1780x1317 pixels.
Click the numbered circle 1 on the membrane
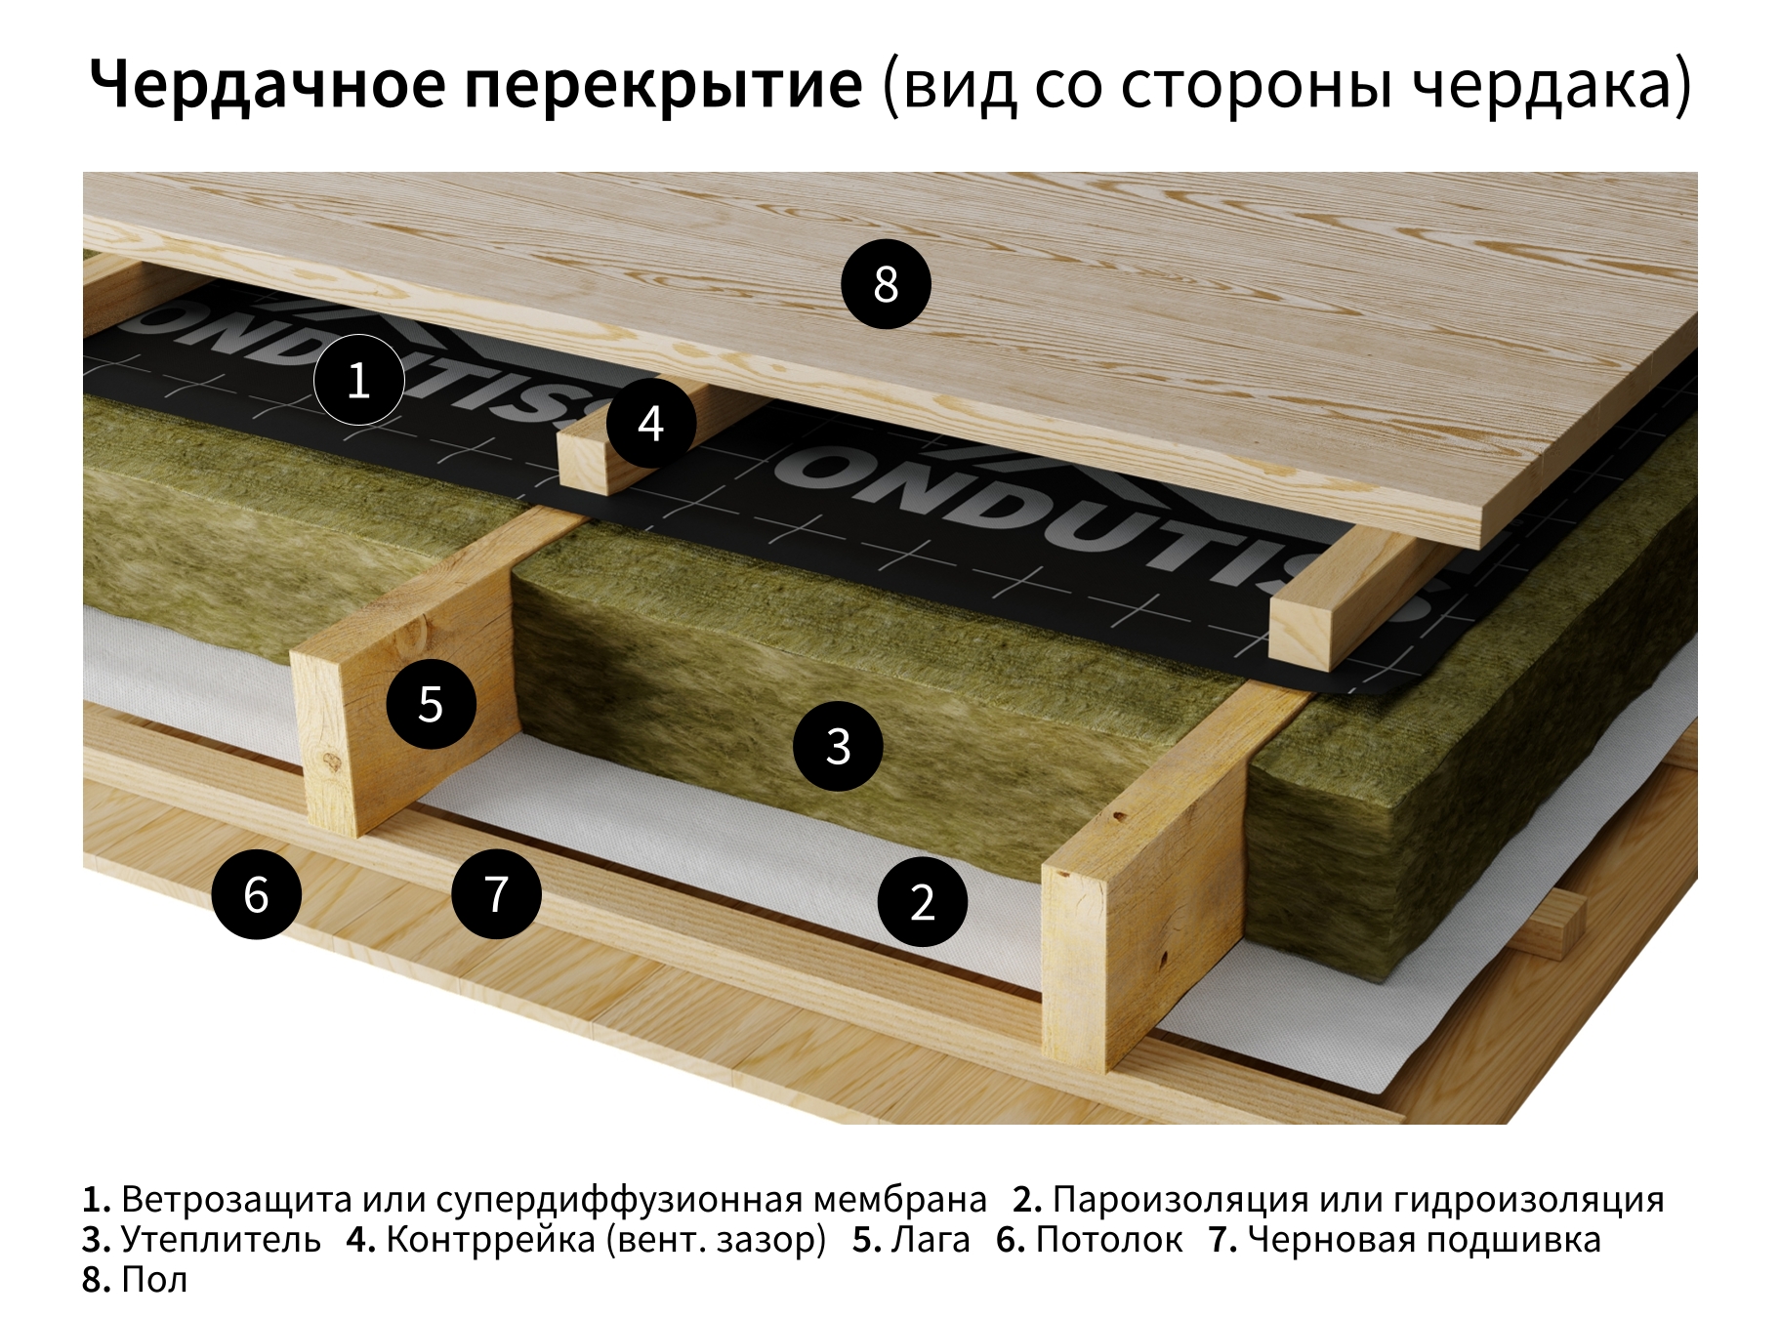click(358, 380)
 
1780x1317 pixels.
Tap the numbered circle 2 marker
click(922, 901)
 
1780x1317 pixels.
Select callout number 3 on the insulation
click(838, 746)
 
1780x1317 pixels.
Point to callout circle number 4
click(650, 424)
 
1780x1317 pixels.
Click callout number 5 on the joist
click(431, 704)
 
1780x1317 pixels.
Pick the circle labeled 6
click(256, 894)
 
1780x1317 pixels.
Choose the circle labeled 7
click(496, 893)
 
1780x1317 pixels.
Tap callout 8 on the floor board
click(886, 284)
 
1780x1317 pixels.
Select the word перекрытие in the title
click(663, 85)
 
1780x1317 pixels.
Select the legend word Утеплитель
click(221, 1239)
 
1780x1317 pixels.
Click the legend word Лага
click(931, 1239)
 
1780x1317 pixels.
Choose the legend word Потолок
click(1108, 1239)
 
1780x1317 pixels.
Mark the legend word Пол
click(153, 1279)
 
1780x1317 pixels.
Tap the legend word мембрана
click(899, 1199)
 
